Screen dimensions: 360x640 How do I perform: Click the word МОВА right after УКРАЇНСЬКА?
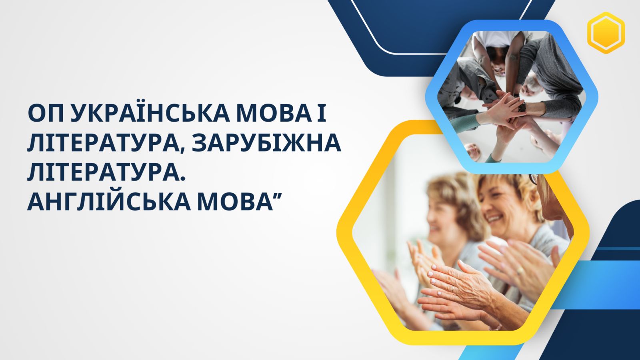click(x=273, y=114)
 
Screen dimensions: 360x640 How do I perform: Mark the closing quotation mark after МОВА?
click(x=277, y=195)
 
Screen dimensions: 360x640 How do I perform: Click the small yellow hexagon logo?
click(x=606, y=33)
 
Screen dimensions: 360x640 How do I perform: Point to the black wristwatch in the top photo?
click(x=522, y=107)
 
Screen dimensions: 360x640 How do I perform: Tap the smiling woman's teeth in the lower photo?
click(x=495, y=218)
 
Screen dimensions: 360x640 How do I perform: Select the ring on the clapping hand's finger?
click(x=520, y=270)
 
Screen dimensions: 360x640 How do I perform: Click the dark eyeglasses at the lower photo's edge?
click(x=534, y=179)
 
